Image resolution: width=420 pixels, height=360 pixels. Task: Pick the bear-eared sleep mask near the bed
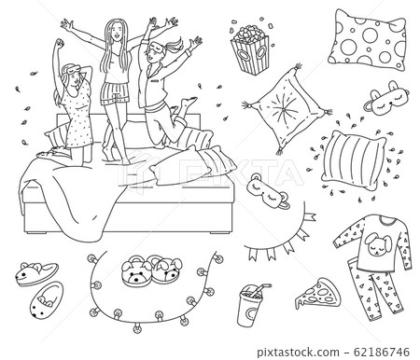[269, 192]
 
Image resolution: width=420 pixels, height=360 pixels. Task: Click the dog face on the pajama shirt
[376, 244]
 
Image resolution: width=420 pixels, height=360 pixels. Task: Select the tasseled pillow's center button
[283, 111]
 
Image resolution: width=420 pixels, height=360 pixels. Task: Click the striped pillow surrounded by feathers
[354, 159]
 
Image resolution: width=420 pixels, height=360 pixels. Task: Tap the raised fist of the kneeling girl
[59, 43]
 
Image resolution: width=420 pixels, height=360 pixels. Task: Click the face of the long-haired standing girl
[117, 30]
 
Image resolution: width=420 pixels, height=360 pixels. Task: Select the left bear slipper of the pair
[135, 271]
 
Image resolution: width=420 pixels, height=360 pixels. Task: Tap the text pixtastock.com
[298, 353]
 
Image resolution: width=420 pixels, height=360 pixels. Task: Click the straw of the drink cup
[260, 289]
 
